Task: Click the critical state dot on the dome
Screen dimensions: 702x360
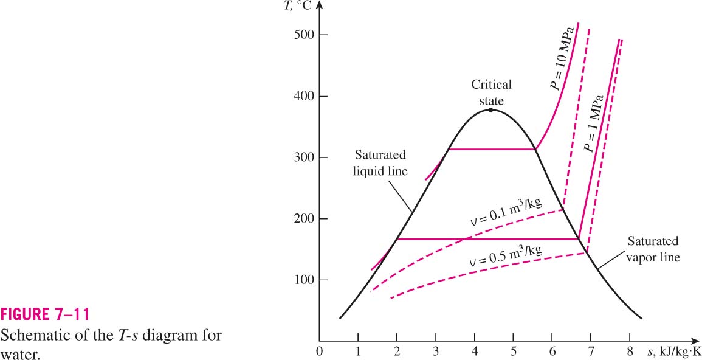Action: (x=490, y=109)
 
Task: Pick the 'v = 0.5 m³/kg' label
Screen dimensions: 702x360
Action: (x=506, y=255)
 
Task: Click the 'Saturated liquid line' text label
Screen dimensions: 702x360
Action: (x=380, y=163)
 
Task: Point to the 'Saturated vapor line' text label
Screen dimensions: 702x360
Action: (x=653, y=249)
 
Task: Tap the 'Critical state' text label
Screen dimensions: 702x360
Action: (x=490, y=92)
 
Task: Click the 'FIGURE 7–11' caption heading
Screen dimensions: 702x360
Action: (x=45, y=315)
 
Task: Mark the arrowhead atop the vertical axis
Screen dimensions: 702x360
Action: (x=318, y=5)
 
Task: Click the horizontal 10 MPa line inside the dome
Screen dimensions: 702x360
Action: (x=492, y=149)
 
